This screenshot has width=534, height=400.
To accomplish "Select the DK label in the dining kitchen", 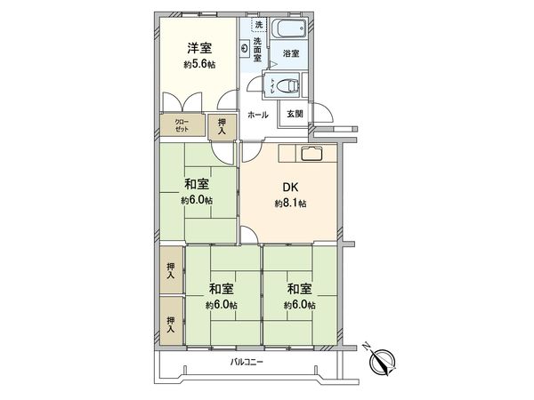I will tap(290, 188).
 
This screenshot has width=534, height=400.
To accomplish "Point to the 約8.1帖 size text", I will tap(290, 204).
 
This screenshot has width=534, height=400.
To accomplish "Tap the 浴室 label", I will tap(290, 54).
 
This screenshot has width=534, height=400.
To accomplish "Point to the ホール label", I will tap(257, 115).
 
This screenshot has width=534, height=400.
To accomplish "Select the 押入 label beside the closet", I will tap(222, 125).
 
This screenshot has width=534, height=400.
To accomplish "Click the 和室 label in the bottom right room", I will tap(300, 289).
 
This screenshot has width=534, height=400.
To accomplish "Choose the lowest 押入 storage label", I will tap(170, 324).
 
